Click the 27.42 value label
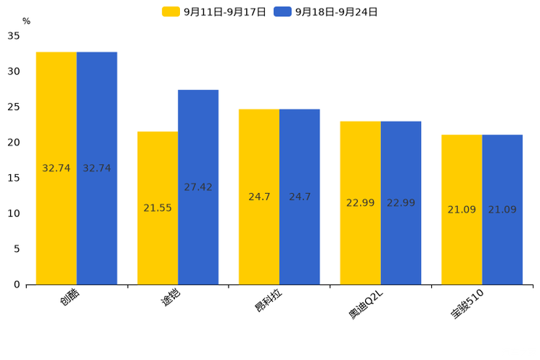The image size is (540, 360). [x=198, y=187]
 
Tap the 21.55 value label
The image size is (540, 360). [x=157, y=208]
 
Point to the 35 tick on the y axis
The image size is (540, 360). [x=14, y=36]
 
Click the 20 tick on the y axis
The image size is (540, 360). [x=14, y=142]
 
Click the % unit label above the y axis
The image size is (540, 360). [x=26, y=21]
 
